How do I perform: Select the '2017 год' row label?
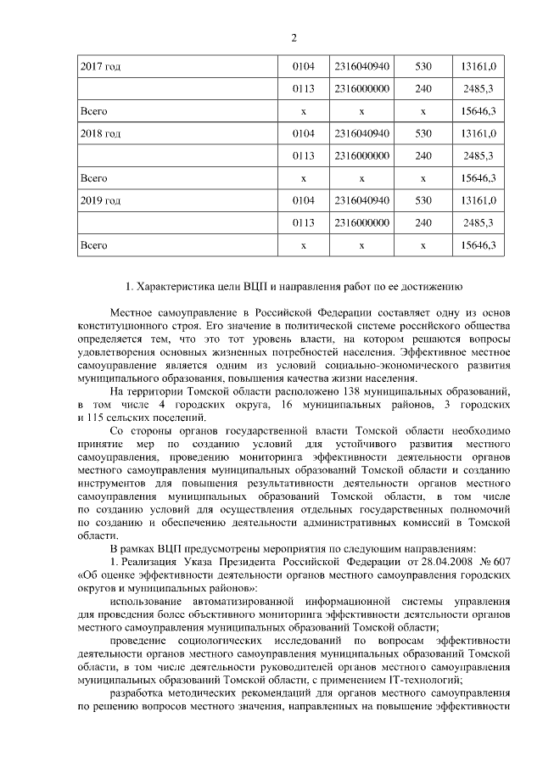[x=100, y=66]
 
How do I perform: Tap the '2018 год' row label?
[x=100, y=133]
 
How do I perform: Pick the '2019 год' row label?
[x=100, y=201]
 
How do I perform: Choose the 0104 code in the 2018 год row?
[x=303, y=133]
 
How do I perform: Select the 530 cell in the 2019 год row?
[x=423, y=201]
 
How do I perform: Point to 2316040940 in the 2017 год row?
[x=362, y=66]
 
